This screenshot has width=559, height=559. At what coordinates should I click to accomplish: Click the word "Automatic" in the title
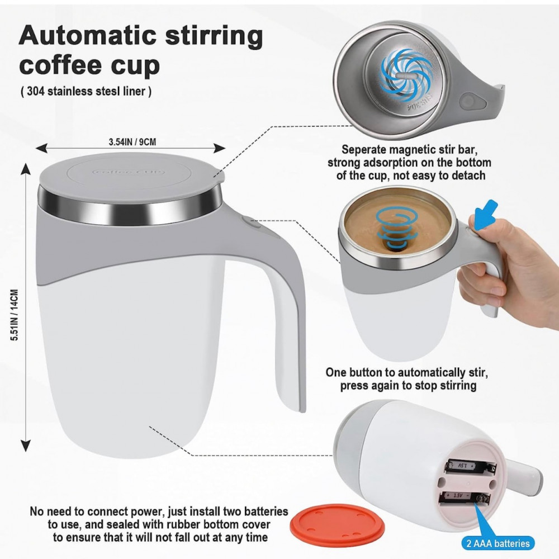(88, 36)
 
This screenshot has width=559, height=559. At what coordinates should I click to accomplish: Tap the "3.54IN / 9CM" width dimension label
(132, 142)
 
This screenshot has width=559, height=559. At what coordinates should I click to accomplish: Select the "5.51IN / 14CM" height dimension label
(15, 315)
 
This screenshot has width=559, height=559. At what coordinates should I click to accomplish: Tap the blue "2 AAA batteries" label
(498, 543)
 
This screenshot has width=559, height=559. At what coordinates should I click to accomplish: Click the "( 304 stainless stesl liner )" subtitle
(86, 91)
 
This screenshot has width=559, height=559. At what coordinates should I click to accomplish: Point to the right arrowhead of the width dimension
(220, 148)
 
